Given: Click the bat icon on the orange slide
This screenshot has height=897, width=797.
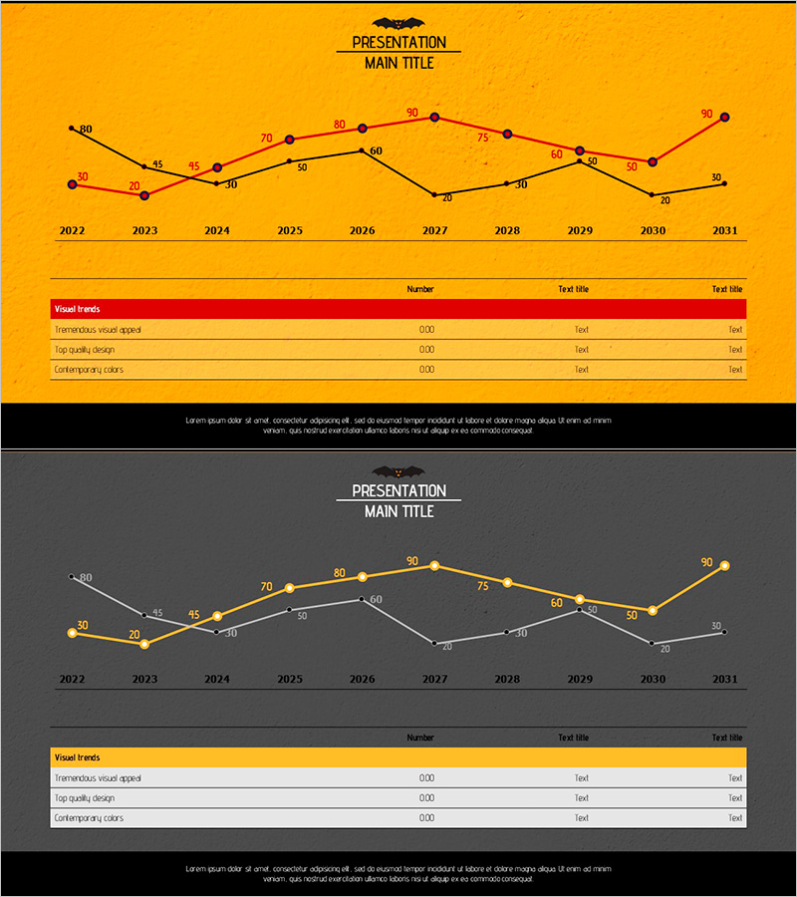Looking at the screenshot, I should (398, 23).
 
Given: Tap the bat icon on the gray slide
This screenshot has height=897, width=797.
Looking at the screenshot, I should (398, 471).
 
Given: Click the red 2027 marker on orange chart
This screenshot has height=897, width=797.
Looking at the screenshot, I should (434, 118).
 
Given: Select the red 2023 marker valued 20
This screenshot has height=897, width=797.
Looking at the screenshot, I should (144, 195).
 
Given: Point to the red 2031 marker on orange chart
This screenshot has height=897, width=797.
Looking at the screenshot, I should (725, 118).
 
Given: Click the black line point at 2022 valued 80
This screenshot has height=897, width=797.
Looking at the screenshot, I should (72, 128).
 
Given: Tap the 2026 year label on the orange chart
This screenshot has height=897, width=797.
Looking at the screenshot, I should (362, 230).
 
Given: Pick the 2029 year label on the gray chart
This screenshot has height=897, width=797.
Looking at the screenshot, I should (580, 679).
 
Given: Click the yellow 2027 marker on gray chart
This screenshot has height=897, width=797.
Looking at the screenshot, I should (434, 566).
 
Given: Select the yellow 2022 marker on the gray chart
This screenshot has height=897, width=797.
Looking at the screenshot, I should (72, 633).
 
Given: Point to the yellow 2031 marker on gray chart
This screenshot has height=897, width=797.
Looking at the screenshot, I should (725, 566).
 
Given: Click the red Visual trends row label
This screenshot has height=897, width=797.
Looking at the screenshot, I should (77, 309).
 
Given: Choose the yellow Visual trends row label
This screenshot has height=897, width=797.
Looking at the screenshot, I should (77, 757).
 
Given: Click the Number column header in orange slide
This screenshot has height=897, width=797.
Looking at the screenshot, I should (420, 289).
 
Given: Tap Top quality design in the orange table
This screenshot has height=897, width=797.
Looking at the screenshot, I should (85, 350).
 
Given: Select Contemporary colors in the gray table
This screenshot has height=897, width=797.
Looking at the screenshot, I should (89, 818).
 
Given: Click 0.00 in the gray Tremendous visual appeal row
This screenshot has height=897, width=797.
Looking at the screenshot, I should (426, 778).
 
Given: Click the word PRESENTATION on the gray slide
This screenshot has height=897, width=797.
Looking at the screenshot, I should (398, 491).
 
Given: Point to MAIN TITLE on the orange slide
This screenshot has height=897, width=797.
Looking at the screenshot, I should (398, 63).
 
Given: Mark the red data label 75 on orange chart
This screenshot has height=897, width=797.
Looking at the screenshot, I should (483, 138).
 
